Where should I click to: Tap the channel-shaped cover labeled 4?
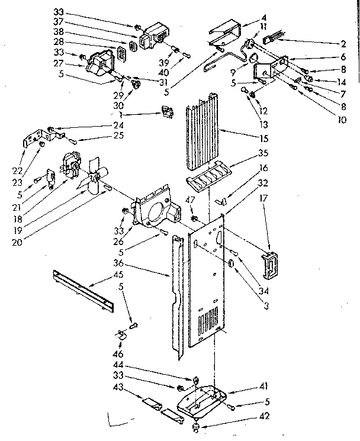click(225, 28)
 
